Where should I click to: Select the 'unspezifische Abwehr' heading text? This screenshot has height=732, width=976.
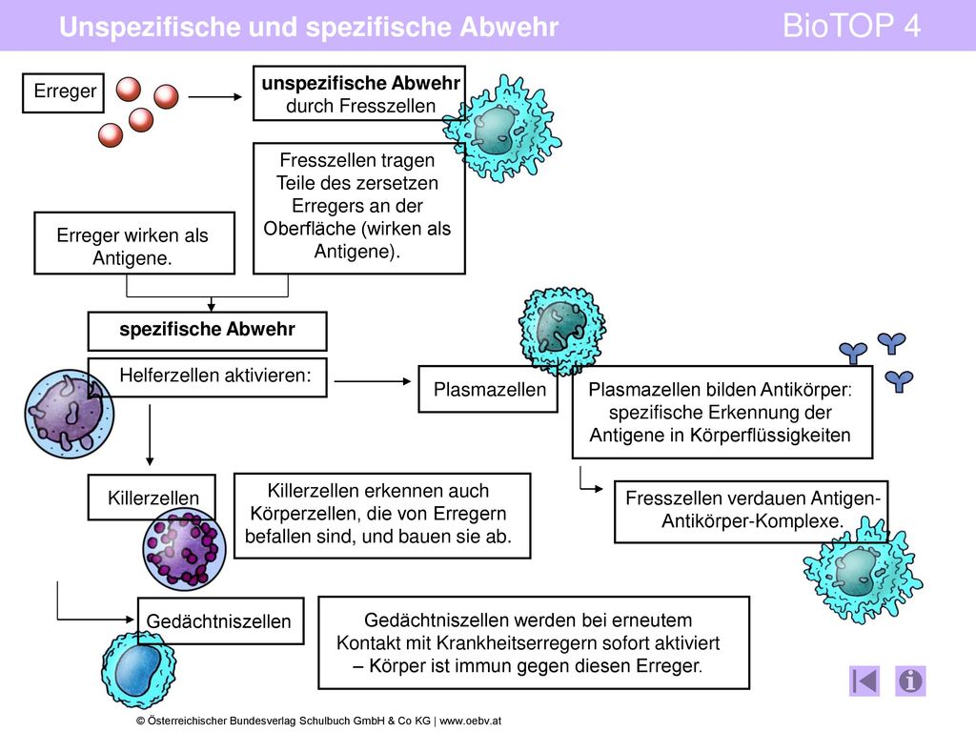360,83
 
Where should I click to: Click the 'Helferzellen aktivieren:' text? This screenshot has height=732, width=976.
214,375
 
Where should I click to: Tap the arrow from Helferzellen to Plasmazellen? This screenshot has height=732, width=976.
373,381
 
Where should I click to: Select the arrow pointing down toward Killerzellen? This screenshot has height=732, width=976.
150,435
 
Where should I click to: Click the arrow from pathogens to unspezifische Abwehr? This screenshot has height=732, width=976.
214,96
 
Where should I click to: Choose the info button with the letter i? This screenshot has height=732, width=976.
910,681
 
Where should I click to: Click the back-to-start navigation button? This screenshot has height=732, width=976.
864,681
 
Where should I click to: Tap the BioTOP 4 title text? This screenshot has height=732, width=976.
851,26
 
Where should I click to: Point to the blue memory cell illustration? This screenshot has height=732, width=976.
138,669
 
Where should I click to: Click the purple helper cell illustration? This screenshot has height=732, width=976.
69,414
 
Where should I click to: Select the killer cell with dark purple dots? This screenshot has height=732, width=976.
184,549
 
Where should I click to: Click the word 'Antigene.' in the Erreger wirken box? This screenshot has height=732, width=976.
132,257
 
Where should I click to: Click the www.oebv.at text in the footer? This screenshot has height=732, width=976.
470,721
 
